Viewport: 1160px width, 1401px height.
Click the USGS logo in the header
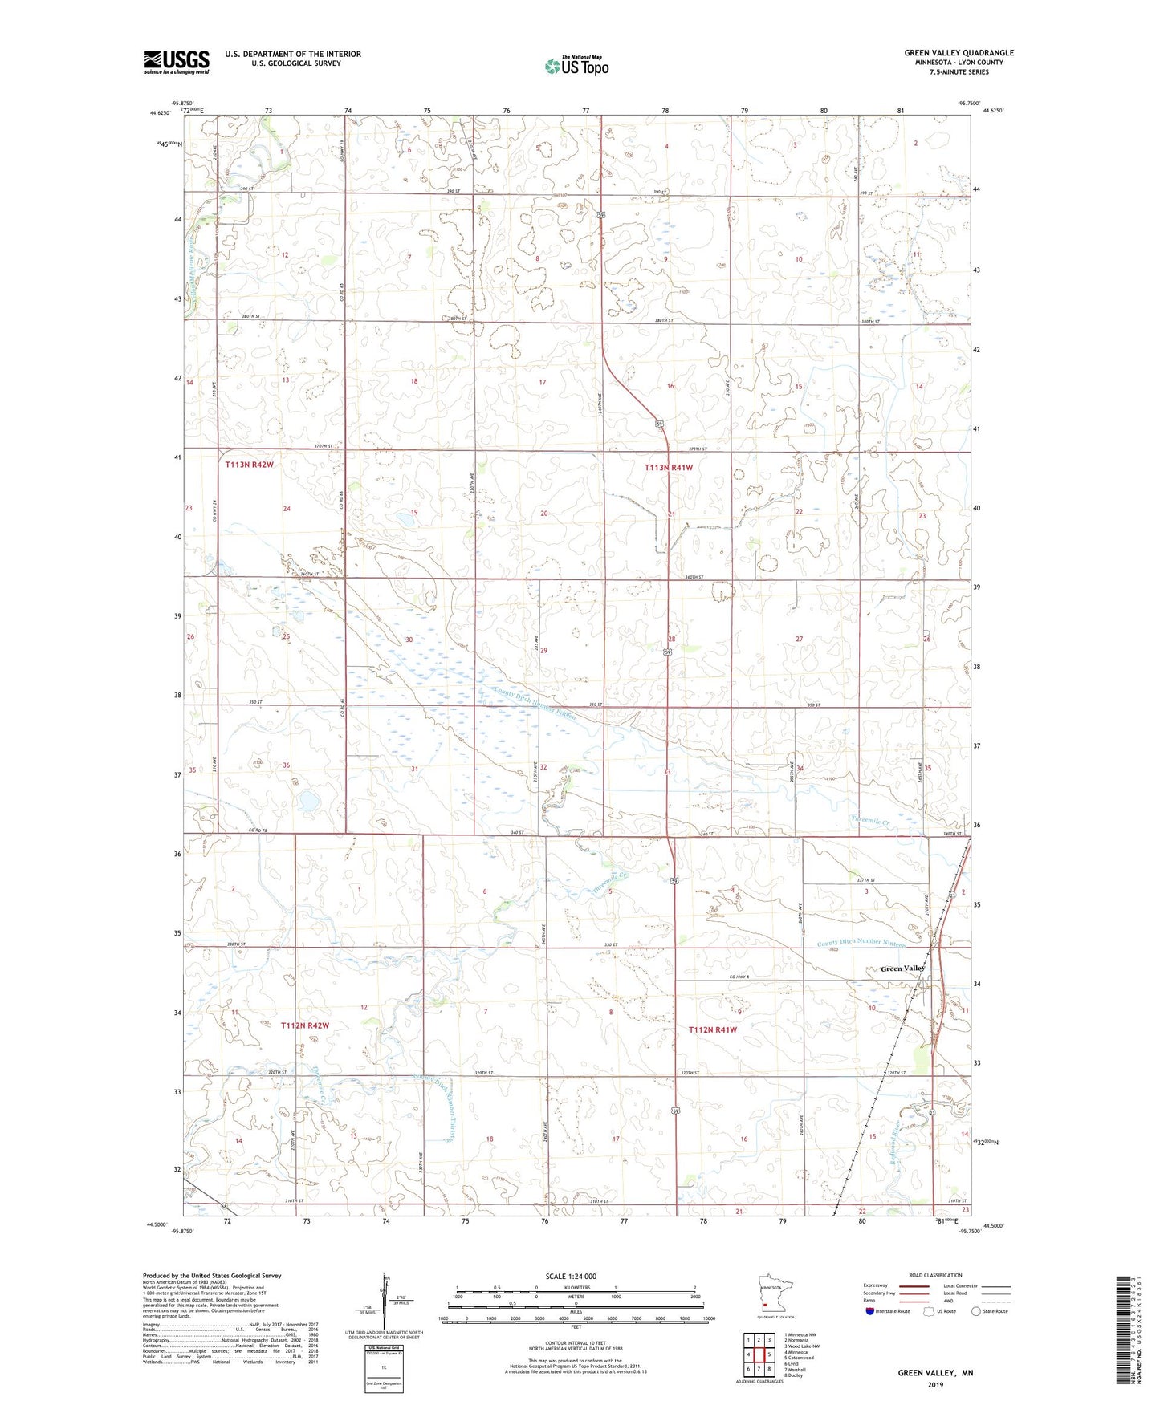pos(176,61)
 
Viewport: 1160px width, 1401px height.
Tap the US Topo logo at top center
pos(576,66)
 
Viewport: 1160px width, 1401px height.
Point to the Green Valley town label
pos(902,969)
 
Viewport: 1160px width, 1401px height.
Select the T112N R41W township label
pos(713,1029)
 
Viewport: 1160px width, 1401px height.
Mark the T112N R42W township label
pos(305,1025)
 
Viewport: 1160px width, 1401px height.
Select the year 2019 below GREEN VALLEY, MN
pos(935,1384)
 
